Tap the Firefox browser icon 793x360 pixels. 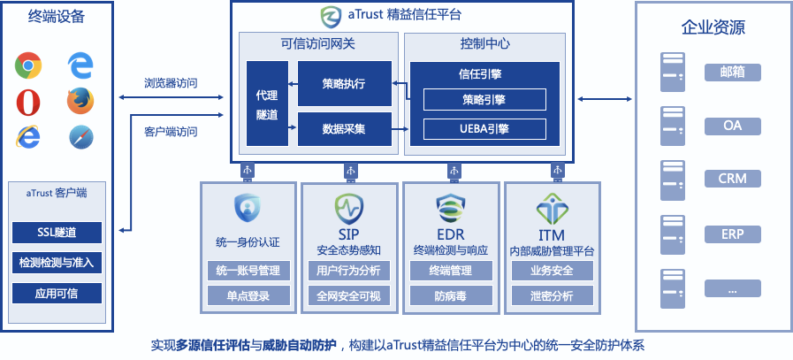(80, 101)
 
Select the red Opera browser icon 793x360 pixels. (29, 101)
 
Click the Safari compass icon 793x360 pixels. (80, 137)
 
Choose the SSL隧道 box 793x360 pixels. (57, 233)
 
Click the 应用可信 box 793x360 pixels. (57, 293)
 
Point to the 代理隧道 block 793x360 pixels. (267, 103)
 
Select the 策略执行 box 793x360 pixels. (344, 83)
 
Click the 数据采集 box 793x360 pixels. (344, 129)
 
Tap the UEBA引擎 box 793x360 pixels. (484, 130)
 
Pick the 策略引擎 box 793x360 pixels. (484, 100)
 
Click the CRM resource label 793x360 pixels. (733, 179)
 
